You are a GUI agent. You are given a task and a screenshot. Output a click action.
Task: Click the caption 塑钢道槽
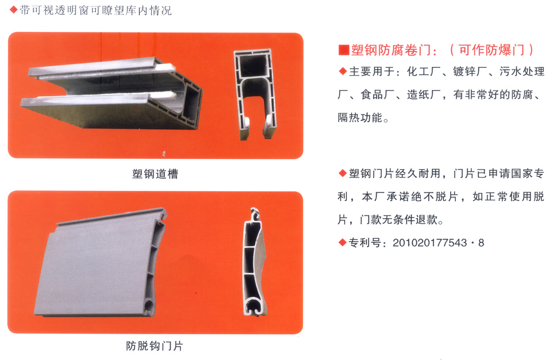pyautogui.click(x=155, y=174)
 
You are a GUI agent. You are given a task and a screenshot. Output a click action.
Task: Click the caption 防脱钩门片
pyautogui.click(x=155, y=346)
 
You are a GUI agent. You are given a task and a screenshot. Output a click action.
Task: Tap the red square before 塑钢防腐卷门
pyautogui.click(x=344, y=50)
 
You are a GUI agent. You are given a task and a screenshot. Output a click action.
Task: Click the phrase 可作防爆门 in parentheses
pyautogui.click(x=492, y=50)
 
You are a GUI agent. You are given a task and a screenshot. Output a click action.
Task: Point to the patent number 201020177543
pyautogui.click(x=430, y=243)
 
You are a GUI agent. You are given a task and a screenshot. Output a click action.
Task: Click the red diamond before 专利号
pyautogui.click(x=342, y=242)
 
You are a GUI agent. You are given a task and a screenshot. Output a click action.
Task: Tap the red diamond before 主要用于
pyautogui.click(x=342, y=71)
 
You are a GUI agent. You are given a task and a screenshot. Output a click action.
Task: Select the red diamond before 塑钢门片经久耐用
pyautogui.click(x=342, y=173)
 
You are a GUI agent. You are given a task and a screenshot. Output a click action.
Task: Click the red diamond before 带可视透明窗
pyautogui.click(x=14, y=10)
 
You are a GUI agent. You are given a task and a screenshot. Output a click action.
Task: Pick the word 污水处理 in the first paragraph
pyautogui.click(x=522, y=71)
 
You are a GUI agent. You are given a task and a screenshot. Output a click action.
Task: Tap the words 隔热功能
pyautogui.click(x=360, y=117)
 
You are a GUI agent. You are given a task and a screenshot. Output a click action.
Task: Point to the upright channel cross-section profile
pyautogui.click(x=255, y=94)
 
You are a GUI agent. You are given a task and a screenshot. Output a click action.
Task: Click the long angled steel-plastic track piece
pyautogui.click(x=112, y=93)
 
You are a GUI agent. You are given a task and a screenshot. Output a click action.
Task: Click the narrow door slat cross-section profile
pyautogui.click(x=255, y=262)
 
